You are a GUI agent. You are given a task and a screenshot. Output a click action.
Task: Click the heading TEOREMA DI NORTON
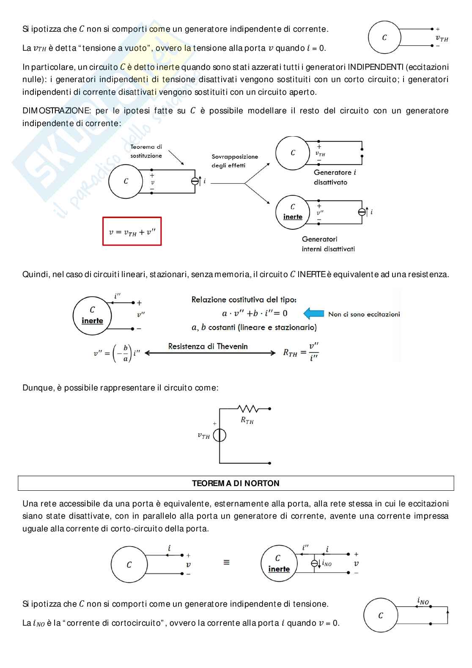coord(236,483)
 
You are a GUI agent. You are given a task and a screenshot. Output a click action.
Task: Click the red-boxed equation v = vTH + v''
coord(132,232)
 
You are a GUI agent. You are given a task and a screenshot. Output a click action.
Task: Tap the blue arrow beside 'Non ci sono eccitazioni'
coord(314,313)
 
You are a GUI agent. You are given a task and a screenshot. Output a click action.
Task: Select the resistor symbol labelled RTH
coord(248,409)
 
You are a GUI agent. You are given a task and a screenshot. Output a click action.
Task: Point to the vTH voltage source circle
coord(220,435)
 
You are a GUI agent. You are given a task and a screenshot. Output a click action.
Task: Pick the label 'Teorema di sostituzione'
coord(146,151)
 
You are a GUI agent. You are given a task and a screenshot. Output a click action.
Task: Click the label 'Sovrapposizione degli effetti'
coord(235,161)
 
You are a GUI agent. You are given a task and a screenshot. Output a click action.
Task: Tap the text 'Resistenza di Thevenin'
coord(208,346)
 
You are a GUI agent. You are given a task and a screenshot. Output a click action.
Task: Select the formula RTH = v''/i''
coord(301,352)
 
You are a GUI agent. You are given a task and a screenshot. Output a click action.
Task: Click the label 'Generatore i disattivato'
coord(335,177)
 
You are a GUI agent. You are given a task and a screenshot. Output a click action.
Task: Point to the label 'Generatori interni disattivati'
coord(328,244)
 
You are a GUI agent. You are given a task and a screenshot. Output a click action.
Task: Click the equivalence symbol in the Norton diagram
coord(226,563)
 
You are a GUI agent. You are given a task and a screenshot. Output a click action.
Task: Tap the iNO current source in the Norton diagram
coord(314,564)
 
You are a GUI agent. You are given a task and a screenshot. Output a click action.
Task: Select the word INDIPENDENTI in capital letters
coord(376,67)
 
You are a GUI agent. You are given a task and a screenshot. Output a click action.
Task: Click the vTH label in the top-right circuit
coord(442,38)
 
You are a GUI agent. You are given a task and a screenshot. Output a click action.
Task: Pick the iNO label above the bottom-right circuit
coord(423,601)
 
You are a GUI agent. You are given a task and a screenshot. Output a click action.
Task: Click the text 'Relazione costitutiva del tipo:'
coord(244,300)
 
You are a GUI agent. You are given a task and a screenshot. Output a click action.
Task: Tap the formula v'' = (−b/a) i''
coord(117,353)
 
